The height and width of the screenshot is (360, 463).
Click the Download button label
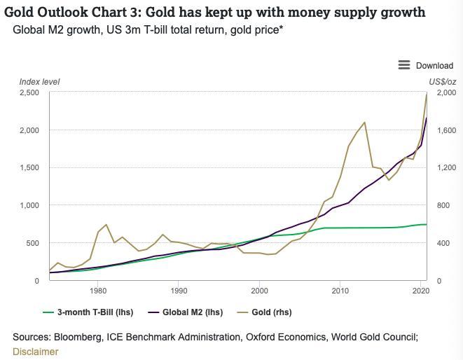click(434, 65)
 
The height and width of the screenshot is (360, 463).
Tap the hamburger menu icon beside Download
click(404, 65)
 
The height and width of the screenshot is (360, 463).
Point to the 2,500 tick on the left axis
click(29, 93)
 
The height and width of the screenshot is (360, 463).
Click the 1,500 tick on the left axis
click(29, 168)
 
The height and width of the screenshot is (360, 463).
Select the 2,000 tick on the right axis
click(438, 93)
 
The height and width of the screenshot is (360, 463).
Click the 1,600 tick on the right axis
click(438, 131)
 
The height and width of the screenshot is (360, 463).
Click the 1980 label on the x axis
click(98, 290)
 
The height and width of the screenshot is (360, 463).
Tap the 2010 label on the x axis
click(340, 290)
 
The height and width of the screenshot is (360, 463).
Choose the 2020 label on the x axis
click(420, 290)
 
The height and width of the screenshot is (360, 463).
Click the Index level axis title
click(39, 82)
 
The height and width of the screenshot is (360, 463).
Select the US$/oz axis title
click(442, 82)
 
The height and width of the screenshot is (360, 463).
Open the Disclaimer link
click(35, 352)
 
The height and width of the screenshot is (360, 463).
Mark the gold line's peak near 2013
click(364, 123)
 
